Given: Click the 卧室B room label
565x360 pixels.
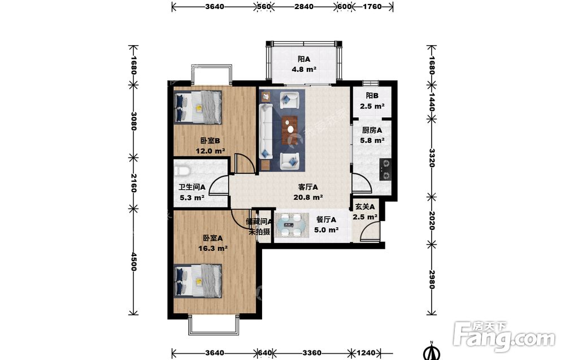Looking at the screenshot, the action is [x=210, y=141].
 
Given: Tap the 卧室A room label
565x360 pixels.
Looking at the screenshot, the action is [x=212, y=238].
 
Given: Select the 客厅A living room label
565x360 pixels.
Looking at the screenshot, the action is [x=308, y=187].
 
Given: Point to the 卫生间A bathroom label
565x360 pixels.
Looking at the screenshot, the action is [x=192, y=187].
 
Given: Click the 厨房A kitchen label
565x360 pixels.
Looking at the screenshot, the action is [x=372, y=130].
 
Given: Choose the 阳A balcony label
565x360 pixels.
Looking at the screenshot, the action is [x=304, y=59].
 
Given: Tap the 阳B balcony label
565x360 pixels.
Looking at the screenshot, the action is [x=372, y=96].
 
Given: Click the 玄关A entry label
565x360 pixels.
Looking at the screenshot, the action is [x=364, y=207].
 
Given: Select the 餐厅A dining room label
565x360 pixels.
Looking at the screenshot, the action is [x=326, y=219].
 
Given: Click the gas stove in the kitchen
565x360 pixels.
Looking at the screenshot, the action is [x=385, y=170].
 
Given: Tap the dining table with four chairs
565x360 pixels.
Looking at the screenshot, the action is [x=292, y=225].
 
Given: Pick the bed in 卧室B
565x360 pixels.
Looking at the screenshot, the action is [x=198, y=107].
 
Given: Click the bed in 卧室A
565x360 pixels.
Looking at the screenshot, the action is [x=198, y=281].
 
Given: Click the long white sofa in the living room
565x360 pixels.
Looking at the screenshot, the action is [x=266, y=132].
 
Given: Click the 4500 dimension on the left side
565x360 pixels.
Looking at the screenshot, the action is [x=134, y=262].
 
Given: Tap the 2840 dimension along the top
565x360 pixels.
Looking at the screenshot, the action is [x=303, y=6].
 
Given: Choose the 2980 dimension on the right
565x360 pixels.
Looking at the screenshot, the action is [x=431, y=279].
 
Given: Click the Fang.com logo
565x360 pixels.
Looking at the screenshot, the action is [x=505, y=336].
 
